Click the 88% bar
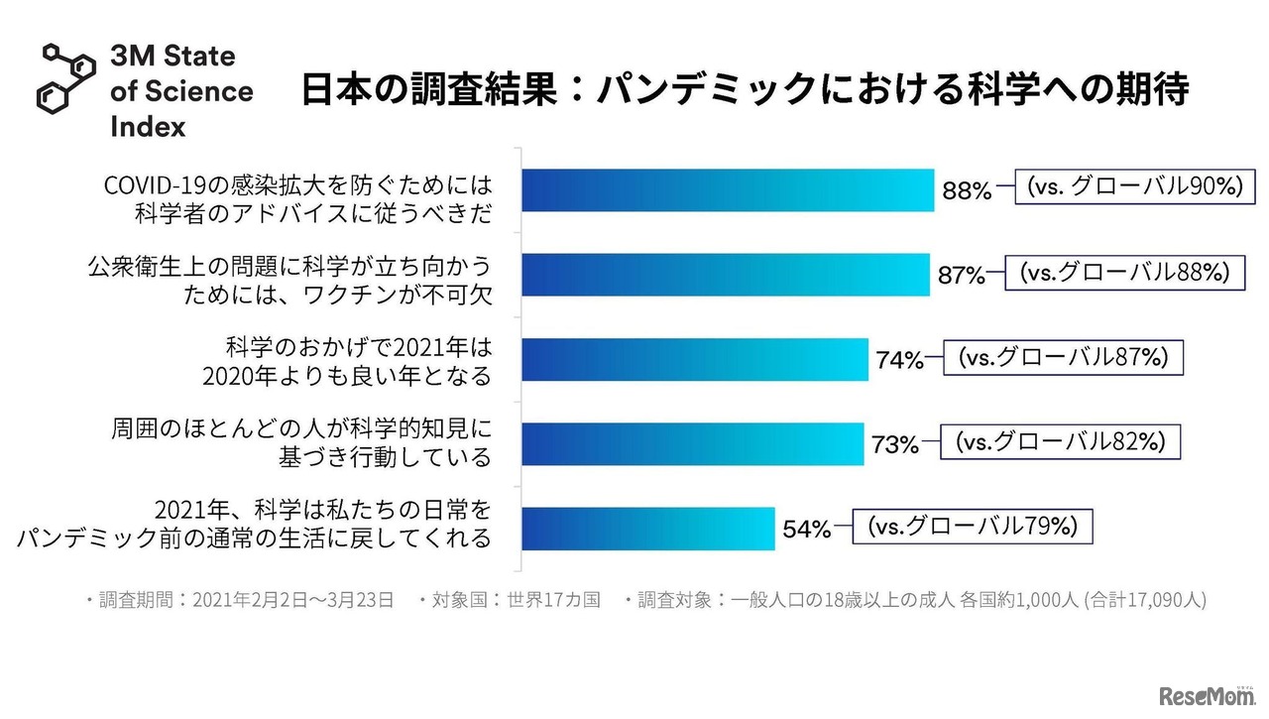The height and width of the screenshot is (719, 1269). coord(728,189)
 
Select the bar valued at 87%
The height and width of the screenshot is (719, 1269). coord(726,275)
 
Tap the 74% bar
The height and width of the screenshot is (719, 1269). coord(695,359)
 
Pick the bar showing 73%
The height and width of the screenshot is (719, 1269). coord(693,443)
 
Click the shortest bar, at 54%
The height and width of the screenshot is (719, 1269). coord(648,529)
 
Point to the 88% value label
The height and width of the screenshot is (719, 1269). coord(967,191)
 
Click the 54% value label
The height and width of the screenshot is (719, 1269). coord(807,531)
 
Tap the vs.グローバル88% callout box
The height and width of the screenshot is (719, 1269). coord(1124,273)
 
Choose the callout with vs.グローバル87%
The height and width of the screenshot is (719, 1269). coord(1064,357)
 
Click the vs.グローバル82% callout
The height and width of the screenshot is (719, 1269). coord(1060,442)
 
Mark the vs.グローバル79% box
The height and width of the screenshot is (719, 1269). coord(973,527)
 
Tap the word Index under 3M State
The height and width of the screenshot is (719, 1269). coord(148,126)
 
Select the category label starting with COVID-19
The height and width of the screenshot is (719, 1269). coord(298,198)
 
